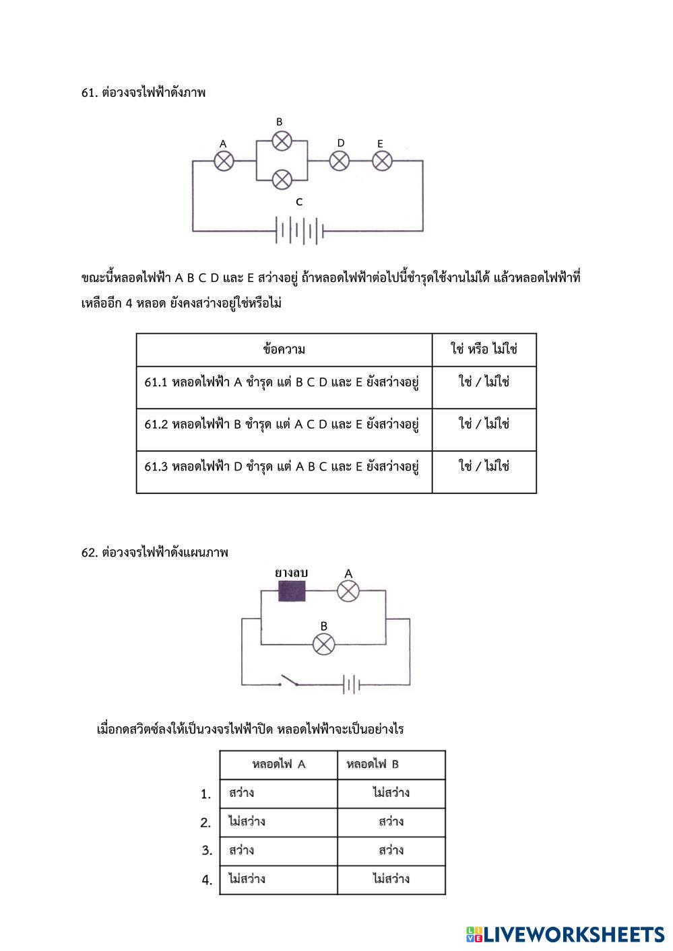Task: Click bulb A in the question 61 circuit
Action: [x=224, y=161]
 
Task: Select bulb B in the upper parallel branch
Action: [x=282, y=141]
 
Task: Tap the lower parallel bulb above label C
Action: [x=282, y=180]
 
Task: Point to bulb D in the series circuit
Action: [x=340, y=161]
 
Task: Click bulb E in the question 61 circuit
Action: [x=382, y=161]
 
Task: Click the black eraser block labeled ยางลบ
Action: [x=292, y=591]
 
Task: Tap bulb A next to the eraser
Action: [x=348, y=591]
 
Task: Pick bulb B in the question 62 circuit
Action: [x=323, y=644]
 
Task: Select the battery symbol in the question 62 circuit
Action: [x=351, y=685]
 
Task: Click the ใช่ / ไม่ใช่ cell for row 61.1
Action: [x=484, y=382]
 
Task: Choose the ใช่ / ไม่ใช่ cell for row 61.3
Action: [x=484, y=466]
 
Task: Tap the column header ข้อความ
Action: [x=284, y=349]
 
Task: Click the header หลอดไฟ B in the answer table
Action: [x=373, y=765]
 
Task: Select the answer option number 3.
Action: [x=207, y=851]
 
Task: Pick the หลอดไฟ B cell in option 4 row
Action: [x=391, y=879]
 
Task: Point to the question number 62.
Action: [x=90, y=553]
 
